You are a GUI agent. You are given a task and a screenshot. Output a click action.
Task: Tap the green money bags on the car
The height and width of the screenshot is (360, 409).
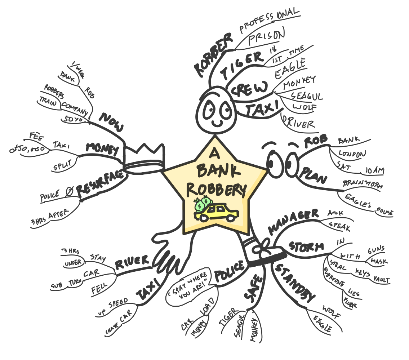tap(202, 204)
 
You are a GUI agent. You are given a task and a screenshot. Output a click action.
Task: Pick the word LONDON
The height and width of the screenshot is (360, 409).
tap(352, 154)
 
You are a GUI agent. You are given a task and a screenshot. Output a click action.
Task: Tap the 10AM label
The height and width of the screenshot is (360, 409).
tap(374, 170)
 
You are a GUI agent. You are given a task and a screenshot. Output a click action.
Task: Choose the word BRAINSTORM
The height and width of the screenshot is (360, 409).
tap(362, 185)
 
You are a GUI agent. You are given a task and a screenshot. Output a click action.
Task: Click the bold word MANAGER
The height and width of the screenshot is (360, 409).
tap(294, 221)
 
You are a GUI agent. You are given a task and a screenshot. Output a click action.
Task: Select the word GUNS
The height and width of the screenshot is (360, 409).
tap(375, 249)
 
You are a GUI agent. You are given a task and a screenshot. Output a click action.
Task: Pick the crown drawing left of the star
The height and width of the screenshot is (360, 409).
tap(144, 157)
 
